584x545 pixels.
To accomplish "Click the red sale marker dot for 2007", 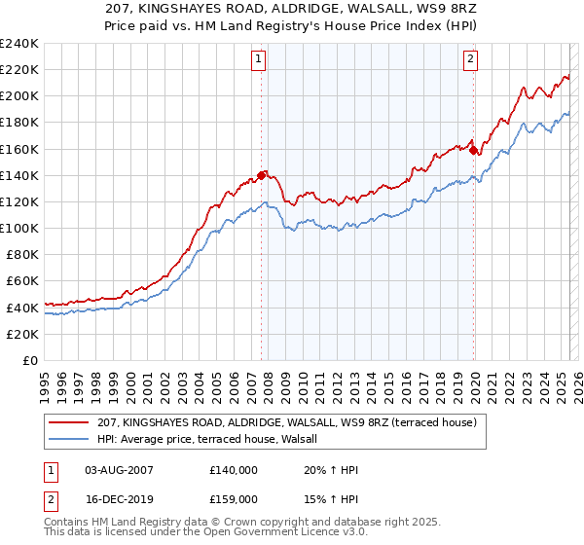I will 261,175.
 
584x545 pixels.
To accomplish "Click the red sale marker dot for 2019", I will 473,150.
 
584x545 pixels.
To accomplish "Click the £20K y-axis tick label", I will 22,334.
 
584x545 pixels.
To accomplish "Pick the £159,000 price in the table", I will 234,498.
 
